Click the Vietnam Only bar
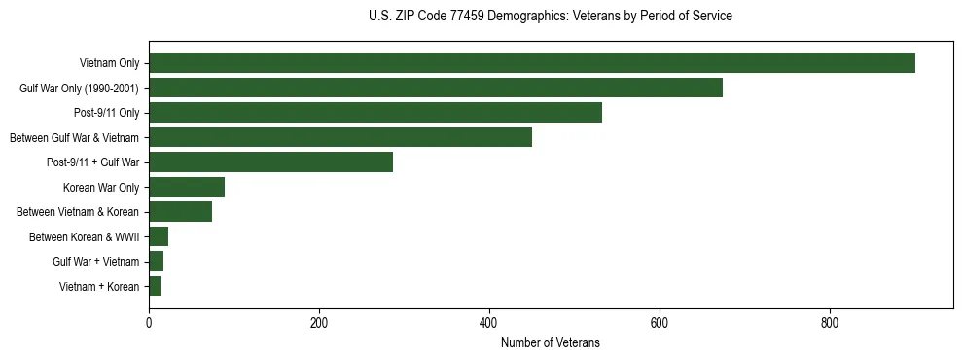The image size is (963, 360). tap(531, 63)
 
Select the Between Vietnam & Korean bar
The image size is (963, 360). tap(180, 212)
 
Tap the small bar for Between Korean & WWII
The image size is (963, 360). tap(159, 236)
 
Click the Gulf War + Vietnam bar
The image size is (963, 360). tap(156, 262)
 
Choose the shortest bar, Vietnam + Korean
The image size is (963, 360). tap(155, 286)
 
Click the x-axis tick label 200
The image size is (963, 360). tap(319, 323)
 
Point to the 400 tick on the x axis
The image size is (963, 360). tap(489, 323)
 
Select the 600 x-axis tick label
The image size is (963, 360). tap(660, 323)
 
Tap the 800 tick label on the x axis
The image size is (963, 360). tap(830, 323)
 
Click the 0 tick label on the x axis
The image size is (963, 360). tap(149, 323)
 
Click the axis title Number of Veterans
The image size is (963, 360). tap(551, 343)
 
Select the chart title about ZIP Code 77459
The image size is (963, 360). tap(551, 17)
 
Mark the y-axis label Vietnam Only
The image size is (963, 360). tap(109, 63)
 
